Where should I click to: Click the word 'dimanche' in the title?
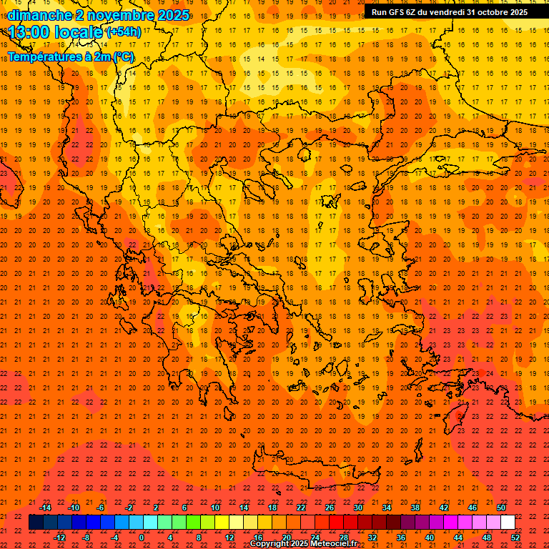tap(39, 15)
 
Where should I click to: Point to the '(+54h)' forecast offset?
tap(124, 32)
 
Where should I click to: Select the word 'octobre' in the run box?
tap(488, 12)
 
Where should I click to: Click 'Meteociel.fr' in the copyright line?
tap(330, 544)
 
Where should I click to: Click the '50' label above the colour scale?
tap(500, 508)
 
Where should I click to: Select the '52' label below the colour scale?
tap(515, 538)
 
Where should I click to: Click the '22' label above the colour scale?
tap(301, 508)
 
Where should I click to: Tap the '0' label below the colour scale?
tap(142, 538)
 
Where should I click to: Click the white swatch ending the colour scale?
tap(508, 523)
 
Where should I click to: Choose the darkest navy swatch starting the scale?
tap(36, 523)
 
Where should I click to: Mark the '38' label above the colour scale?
tap(415, 508)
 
